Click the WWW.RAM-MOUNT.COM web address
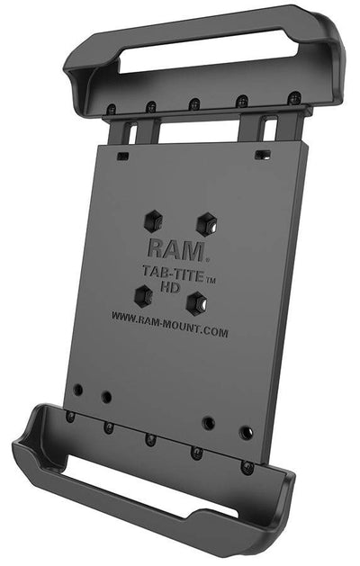point(169,323)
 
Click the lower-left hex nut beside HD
point(142,294)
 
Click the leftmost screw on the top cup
point(111,110)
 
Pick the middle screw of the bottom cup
point(150,440)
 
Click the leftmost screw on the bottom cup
point(70,417)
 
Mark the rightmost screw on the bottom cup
point(246,467)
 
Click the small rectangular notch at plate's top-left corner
point(121,155)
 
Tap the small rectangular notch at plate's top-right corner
point(260,154)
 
